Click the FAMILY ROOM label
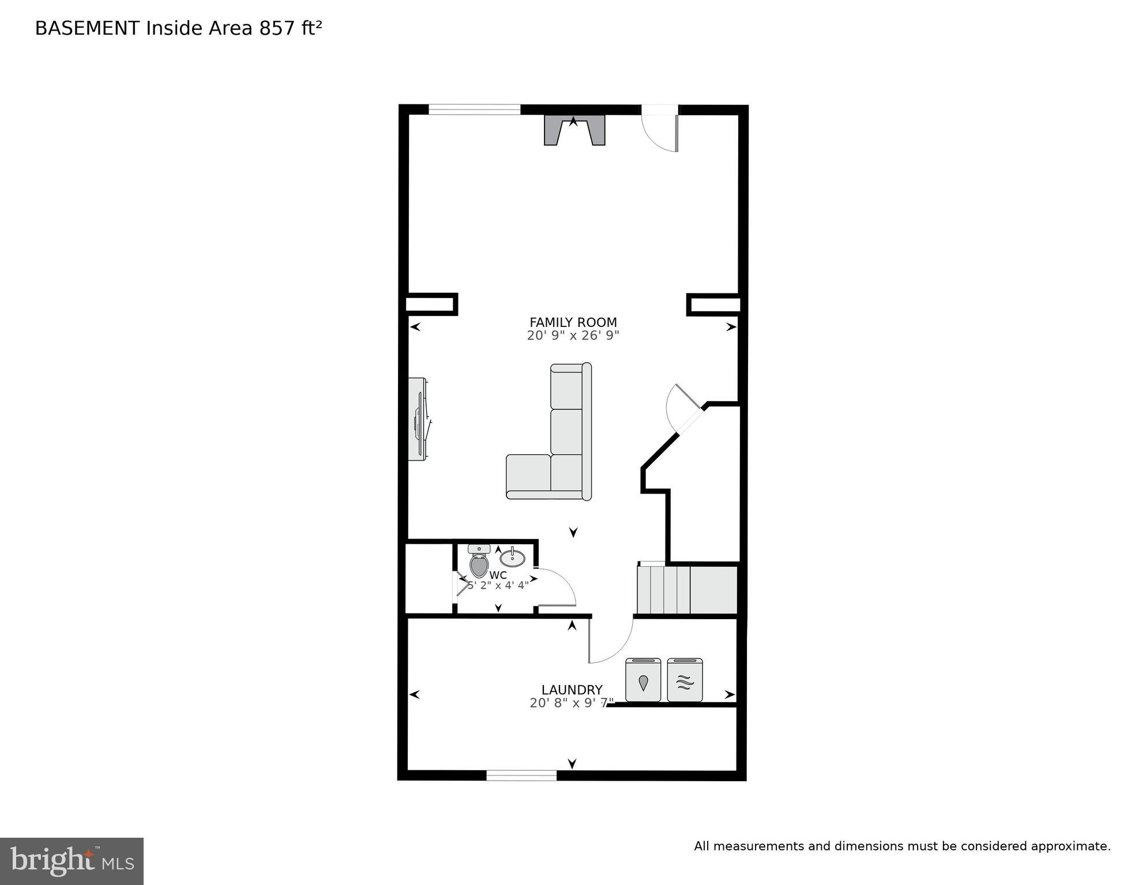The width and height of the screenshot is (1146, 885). [x=573, y=322]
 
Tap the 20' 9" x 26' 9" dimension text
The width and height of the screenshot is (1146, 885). [x=573, y=336]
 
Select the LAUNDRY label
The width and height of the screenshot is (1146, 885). [x=572, y=690]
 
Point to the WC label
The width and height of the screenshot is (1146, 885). [x=498, y=575]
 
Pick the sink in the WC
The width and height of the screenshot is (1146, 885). [x=512, y=558]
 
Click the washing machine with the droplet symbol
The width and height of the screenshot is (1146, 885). [x=643, y=681]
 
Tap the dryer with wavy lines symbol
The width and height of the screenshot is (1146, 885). [x=685, y=681]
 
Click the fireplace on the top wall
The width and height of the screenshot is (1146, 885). [x=574, y=130]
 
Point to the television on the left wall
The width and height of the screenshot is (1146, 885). [x=418, y=419]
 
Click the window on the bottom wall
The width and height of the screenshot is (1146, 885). [x=521, y=776]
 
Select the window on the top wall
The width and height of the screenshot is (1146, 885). [x=474, y=109]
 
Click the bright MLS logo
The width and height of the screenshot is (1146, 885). [x=72, y=861]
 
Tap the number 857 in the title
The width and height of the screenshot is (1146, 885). [x=277, y=28]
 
